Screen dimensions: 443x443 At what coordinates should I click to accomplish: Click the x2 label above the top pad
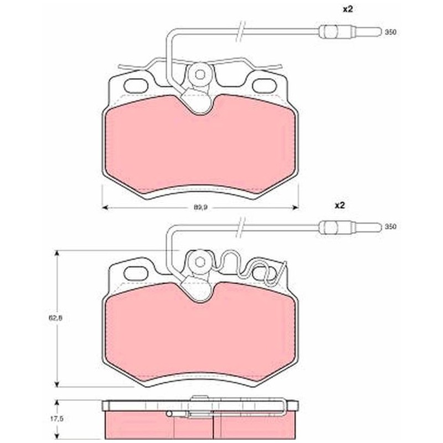(x=348, y=9)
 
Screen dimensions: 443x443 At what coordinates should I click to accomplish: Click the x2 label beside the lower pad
(x=340, y=205)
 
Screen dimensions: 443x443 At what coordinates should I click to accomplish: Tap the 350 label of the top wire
(x=391, y=32)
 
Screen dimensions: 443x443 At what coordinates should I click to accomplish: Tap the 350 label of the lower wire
(x=391, y=226)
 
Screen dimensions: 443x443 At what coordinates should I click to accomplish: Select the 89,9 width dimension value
(x=200, y=207)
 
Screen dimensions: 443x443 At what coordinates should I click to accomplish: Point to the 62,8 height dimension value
(x=56, y=318)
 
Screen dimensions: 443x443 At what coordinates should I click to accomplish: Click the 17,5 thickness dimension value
(x=56, y=419)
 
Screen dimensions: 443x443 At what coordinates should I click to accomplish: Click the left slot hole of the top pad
(x=136, y=86)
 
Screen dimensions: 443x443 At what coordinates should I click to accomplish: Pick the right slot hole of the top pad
(x=265, y=86)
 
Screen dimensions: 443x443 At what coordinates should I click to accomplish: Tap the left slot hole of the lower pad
(x=136, y=274)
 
